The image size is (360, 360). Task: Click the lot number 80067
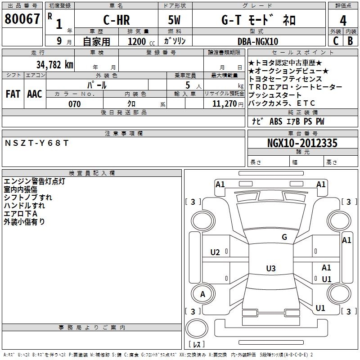pyautogui.click(x=22, y=19)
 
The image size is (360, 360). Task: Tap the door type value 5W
pyautogui.click(x=175, y=20)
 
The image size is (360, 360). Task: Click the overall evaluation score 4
pyautogui.click(x=343, y=20)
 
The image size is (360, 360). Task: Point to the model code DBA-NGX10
pyautogui.click(x=258, y=41)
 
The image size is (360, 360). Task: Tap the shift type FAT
pyautogui.click(x=13, y=94)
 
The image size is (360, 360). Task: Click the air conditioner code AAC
pyautogui.click(x=34, y=94)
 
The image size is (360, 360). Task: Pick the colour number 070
pyautogui.click(x=74, y=104)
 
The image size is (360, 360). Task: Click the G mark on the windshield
pyautogui.click(x=284, y=237)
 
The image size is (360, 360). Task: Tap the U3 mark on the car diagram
pyautogui.click(x=270, y=269)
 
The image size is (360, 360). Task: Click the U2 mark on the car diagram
pyautogui.click(x=215, y=252)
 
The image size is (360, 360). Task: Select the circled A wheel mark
pyautogui.click(x=202, y=294)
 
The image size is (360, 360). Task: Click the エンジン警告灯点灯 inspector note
pyautogui.click(x=34, y=181)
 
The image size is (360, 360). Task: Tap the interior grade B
pyautogui.click(x=350, y=41)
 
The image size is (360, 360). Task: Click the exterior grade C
pyautogui.click(x=335, y=41)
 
